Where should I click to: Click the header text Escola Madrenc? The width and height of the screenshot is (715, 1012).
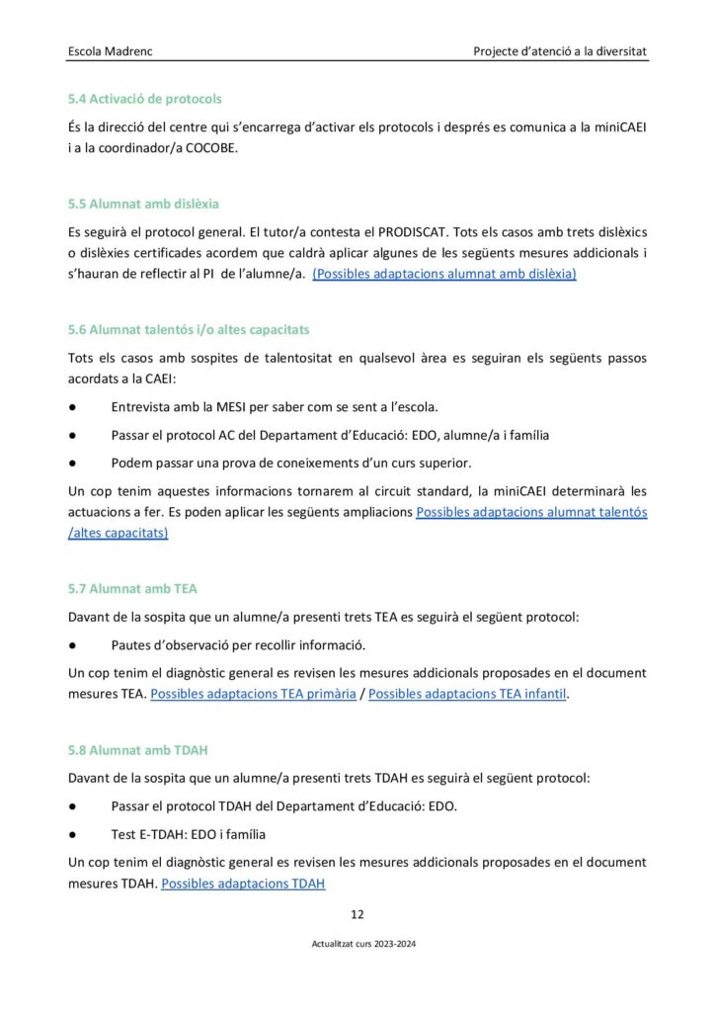coord(112,49)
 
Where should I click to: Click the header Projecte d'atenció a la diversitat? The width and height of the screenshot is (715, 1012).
coord(560,49)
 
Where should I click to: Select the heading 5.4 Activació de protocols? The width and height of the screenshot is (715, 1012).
coord(144,99)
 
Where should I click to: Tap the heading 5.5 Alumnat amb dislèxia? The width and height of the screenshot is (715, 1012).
coord(143,204)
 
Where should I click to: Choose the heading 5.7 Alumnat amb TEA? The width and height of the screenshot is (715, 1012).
coord(132,588)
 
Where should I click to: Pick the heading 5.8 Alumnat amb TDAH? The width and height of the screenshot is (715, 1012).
coord(137,750)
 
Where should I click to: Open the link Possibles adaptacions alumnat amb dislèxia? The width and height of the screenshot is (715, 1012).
coord(444,274)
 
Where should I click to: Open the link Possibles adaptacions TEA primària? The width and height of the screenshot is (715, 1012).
coord(253,694)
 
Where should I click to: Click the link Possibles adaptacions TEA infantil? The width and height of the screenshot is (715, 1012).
coord(467,694)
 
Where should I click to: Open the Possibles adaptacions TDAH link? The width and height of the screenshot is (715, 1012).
coord(243,883)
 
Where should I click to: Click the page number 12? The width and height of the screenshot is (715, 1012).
coord(357,913)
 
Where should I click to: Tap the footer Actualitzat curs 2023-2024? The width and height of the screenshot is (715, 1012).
coord(357,945)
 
